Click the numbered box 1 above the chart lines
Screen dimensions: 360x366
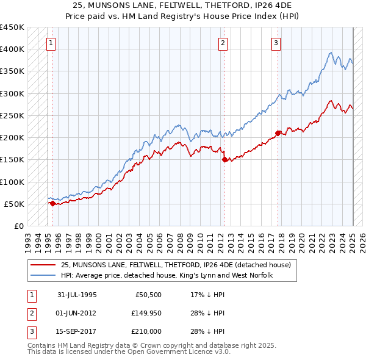pos(50,43)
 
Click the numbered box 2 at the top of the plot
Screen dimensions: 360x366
pos(223,43)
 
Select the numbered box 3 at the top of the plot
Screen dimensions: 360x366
pos(276,43)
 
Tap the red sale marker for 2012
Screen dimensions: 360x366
pos(224,160)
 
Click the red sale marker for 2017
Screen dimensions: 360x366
pos(278,133)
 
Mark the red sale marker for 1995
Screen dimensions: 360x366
pos(52,204)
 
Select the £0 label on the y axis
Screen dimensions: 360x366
pos(18,226)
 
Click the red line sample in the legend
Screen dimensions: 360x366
pos(44,265)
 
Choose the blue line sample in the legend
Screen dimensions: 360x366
pos(44,276)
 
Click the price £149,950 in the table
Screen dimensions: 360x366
pos(146,313)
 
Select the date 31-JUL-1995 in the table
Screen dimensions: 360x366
pos(77,295)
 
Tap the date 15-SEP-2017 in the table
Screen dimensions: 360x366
pos(77,331)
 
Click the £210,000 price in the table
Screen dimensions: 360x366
pos(146,331)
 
